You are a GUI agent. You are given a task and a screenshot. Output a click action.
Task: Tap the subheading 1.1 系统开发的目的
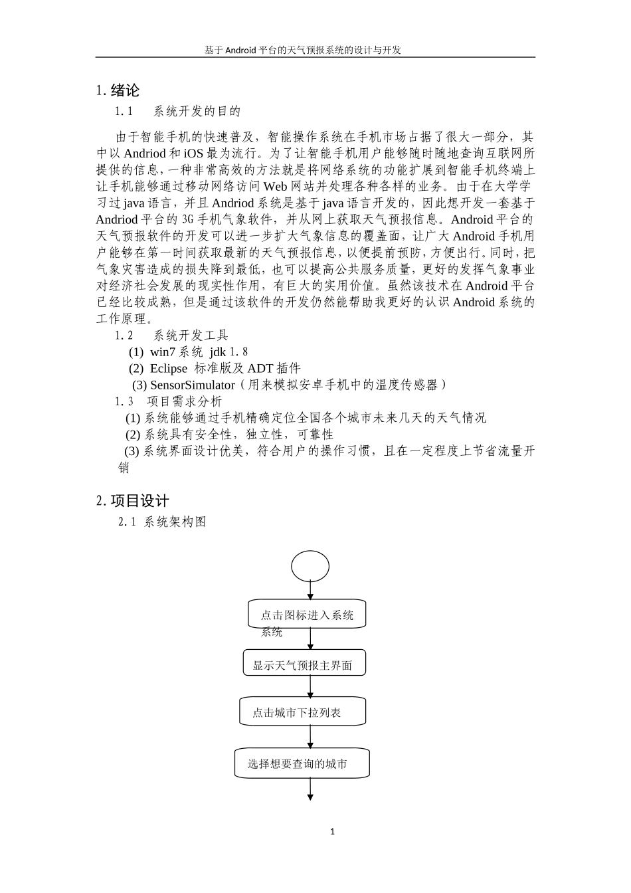(177, 111)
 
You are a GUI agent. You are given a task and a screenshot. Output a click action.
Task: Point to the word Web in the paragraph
(275, 186)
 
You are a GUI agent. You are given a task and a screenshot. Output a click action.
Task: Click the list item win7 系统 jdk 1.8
(189, 351)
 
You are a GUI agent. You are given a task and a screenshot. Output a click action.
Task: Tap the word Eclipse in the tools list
(169, 368)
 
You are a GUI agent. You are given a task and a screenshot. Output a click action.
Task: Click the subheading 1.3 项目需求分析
(169, 401)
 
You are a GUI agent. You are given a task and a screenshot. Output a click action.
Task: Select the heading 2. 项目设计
(132, 501)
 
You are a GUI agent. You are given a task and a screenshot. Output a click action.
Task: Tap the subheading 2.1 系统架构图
(162, 522)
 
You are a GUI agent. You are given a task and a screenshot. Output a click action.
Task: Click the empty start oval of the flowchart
(310, 566)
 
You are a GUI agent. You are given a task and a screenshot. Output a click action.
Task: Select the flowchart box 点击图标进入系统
(307, 615)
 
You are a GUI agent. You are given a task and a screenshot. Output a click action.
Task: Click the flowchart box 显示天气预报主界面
(303, 665)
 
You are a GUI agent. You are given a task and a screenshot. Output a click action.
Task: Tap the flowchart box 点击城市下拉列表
(302, 712)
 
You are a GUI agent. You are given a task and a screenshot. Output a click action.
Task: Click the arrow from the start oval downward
(310, 590)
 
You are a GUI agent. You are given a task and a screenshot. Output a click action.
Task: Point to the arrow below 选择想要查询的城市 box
(310, 789)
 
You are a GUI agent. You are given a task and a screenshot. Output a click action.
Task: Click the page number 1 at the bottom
(333, 831)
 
